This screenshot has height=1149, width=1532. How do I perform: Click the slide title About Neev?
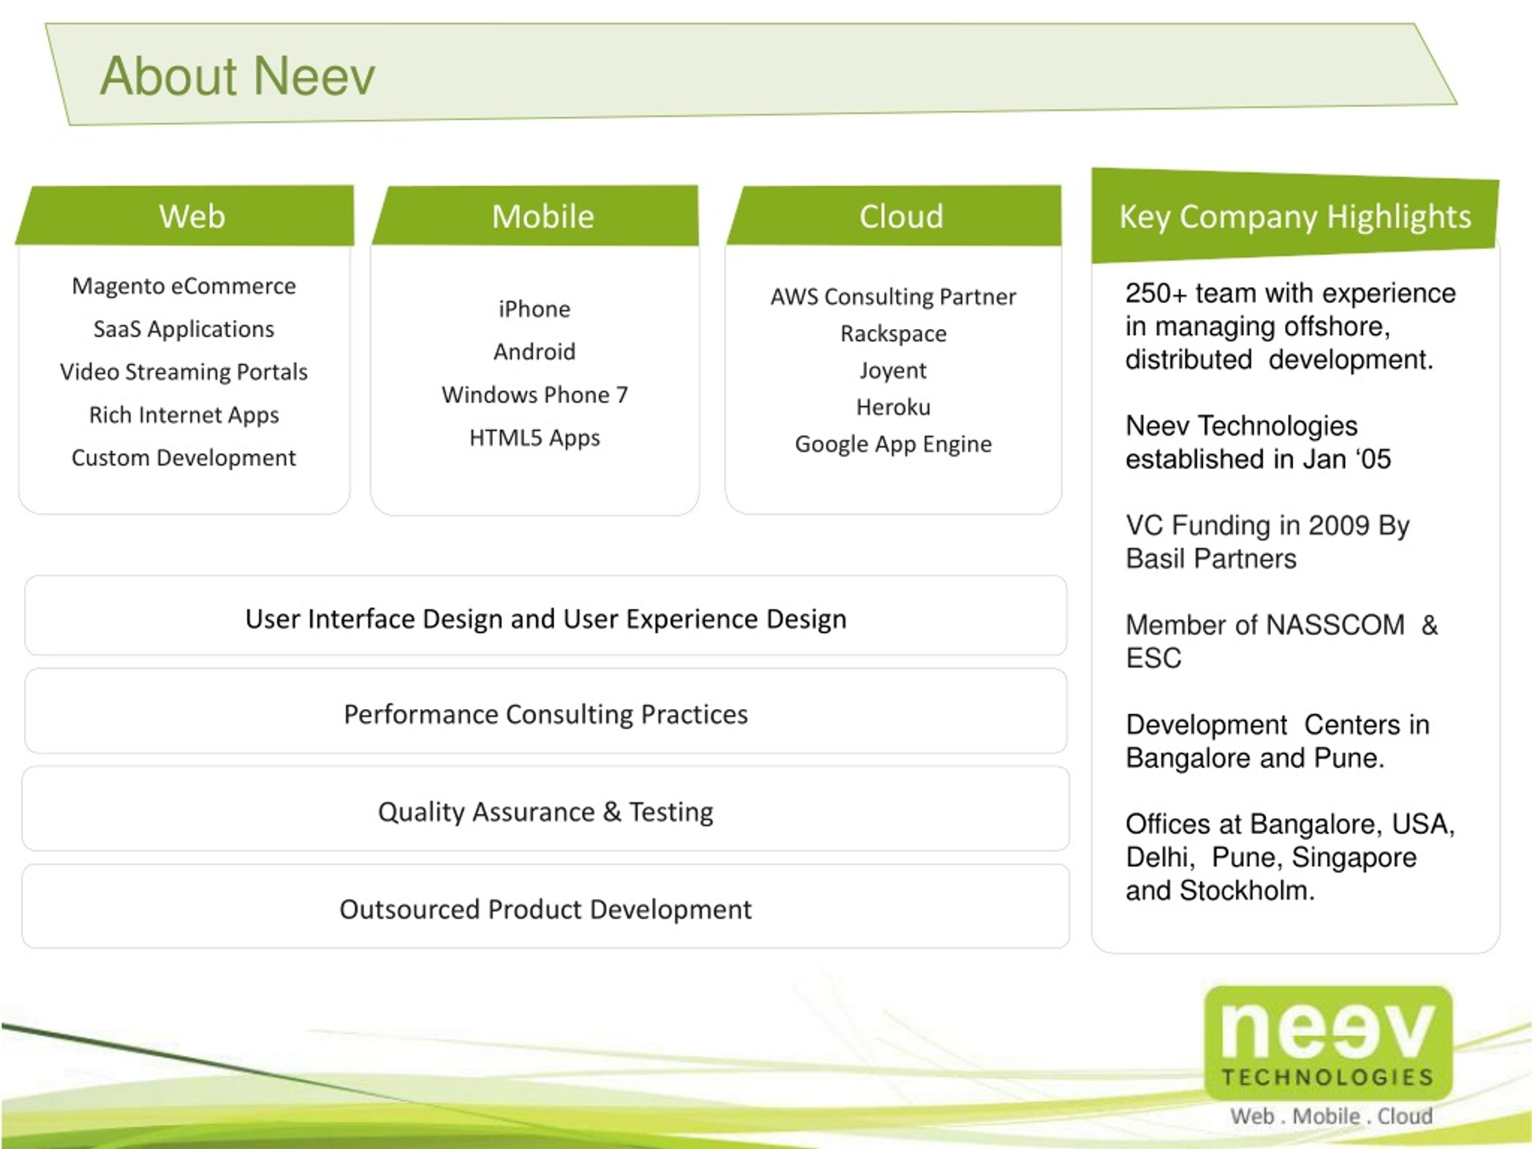click(238, 75)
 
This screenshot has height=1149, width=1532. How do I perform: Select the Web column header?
click(192, 216)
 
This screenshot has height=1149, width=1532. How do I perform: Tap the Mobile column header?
click(543, 216)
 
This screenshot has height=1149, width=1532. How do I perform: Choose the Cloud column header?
click(901, 216)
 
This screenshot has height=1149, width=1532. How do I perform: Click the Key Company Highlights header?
click(1295, 217)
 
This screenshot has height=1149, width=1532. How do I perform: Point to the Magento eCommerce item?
click(184, 286)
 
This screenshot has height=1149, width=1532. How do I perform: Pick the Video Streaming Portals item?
click(184, 372)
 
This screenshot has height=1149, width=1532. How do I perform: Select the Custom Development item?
click(184, 458)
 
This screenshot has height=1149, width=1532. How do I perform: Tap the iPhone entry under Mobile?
click(534, 309)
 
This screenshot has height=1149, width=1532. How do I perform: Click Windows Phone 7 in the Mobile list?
click(534, 395)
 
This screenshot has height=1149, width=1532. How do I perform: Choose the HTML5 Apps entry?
click(534, 437)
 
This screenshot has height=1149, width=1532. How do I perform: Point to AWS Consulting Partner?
click(893, 297)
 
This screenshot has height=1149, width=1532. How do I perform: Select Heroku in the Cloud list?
click(893, 408)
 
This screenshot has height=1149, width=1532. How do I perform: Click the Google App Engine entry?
click(893, 444)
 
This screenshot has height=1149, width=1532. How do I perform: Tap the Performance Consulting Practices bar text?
click(546, 714)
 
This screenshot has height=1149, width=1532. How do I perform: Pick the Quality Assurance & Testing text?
click(546, 811)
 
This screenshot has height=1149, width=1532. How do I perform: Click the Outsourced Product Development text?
click(546, 910)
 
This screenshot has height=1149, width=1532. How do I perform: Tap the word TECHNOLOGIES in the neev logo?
click(1328, 1078)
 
